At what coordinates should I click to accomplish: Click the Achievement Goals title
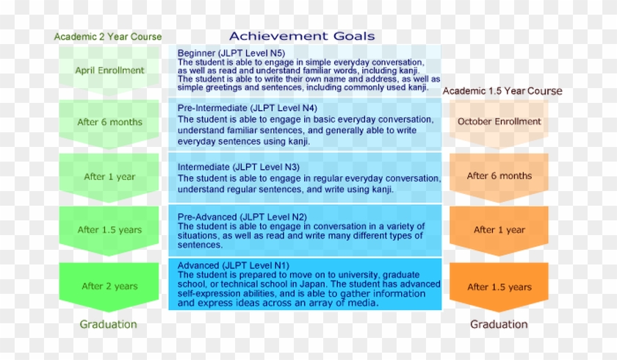[302, 36]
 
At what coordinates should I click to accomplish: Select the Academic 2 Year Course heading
[108, 37]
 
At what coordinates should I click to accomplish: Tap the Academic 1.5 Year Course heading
[502, 91]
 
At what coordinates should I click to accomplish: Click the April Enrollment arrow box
[109, 71]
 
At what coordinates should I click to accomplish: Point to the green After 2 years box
[109, 287]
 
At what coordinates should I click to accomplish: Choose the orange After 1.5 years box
[499, 287]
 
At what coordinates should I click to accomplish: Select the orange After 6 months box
[499, 178]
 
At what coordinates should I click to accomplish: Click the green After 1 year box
[109, 178]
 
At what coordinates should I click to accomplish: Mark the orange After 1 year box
[499, 231]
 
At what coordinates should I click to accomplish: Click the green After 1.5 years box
[109, 231]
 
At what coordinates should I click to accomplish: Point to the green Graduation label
[108, 324]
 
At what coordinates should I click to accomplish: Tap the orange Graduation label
[499, 324]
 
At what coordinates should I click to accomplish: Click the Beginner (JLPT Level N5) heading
[231, 53]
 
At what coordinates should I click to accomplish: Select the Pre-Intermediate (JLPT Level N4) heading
[247, 108]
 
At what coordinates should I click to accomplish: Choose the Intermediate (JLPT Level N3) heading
[239, 167]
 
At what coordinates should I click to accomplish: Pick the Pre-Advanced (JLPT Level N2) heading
[242, 217]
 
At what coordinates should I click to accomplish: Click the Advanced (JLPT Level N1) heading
[234, 265]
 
